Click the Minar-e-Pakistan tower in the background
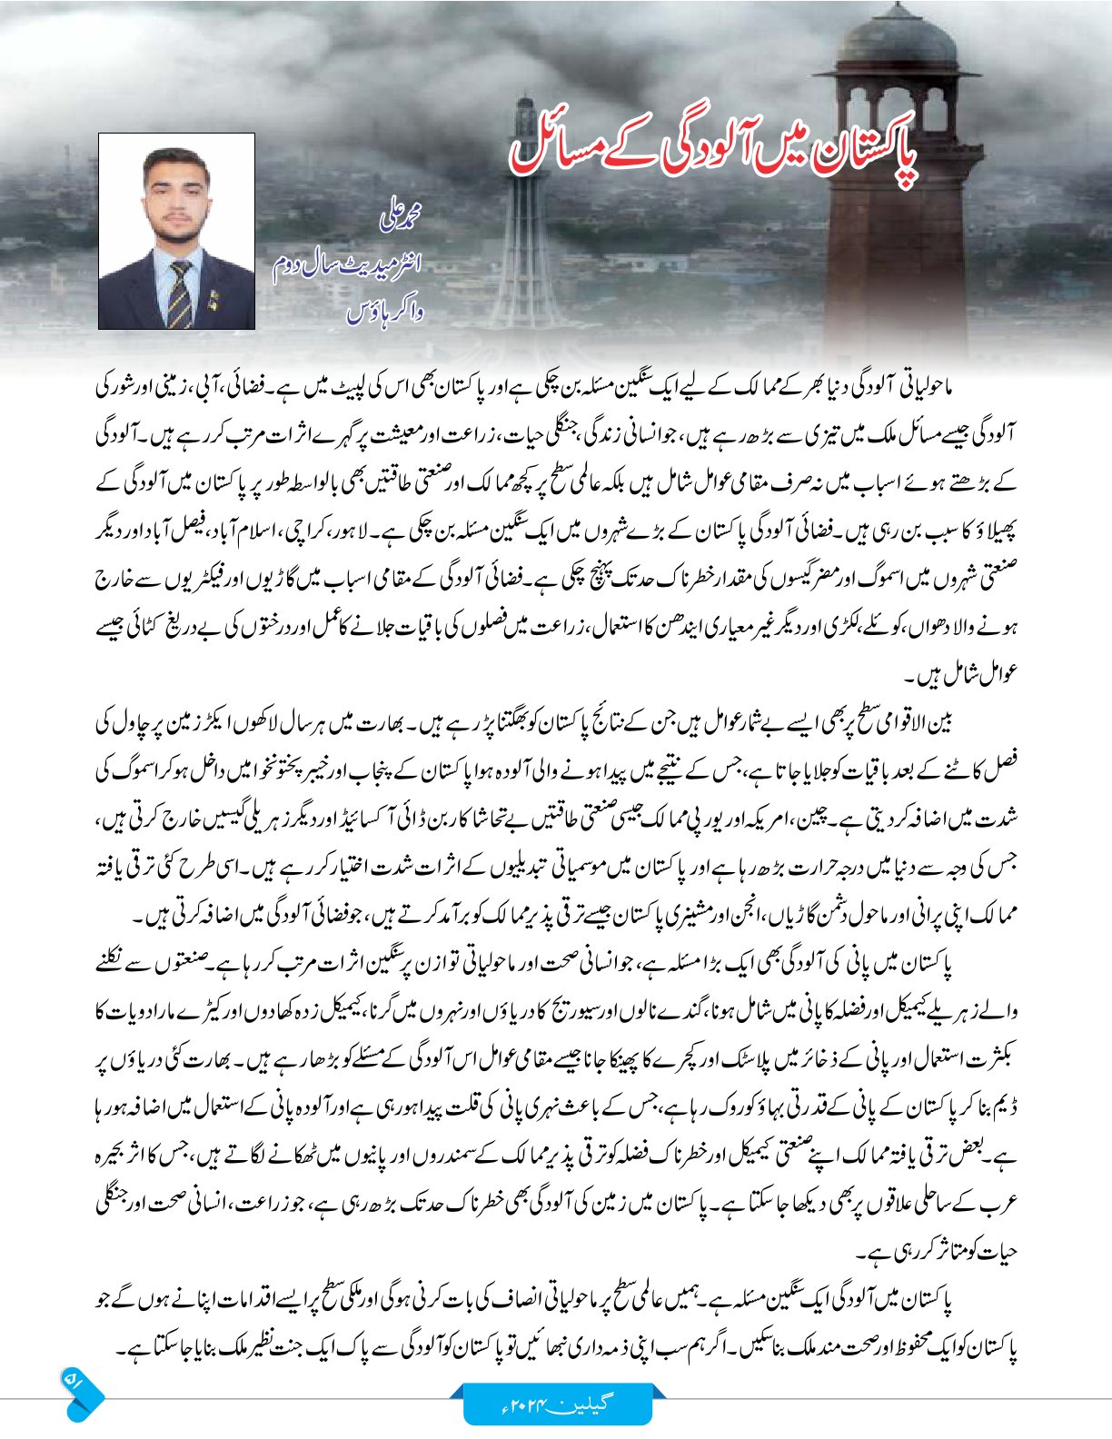tap(524, 227)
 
